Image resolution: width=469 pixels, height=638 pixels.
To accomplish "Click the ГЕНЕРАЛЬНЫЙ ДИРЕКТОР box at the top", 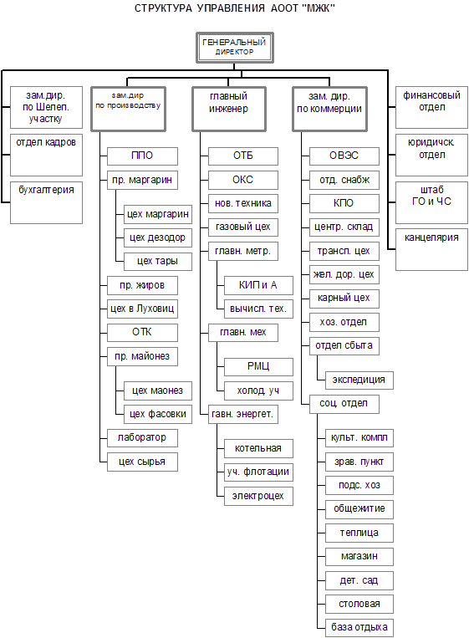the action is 235,48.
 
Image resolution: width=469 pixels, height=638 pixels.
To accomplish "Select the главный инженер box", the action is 229,109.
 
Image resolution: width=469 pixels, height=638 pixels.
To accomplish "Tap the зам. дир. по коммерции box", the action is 330,109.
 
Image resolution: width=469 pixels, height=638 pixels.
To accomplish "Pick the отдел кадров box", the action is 46,155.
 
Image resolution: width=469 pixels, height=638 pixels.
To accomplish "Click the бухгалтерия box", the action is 46,202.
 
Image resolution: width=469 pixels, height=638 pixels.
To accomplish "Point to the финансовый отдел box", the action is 431,107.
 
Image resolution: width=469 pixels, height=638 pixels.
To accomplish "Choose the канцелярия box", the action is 431,250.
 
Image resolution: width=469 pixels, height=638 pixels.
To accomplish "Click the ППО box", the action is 142,156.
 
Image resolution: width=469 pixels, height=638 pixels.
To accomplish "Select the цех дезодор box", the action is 158,238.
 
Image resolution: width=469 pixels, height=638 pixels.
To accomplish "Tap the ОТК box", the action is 142,333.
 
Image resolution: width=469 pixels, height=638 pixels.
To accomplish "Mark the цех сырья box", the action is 142,462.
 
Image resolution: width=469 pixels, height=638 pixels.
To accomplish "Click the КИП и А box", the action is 258,286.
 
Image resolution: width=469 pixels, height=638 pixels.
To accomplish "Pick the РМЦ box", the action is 258,367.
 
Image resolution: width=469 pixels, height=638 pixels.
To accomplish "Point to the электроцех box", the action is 258,497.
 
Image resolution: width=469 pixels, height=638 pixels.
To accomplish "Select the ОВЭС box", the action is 344,156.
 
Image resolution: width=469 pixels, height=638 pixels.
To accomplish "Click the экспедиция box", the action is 359,380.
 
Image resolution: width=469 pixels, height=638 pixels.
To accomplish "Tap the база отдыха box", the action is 359,627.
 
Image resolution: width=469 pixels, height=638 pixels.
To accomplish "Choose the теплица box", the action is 359,533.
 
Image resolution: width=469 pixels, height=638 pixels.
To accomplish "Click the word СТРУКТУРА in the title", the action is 163,8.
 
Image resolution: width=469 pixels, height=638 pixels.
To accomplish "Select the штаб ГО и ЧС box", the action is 431,202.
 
